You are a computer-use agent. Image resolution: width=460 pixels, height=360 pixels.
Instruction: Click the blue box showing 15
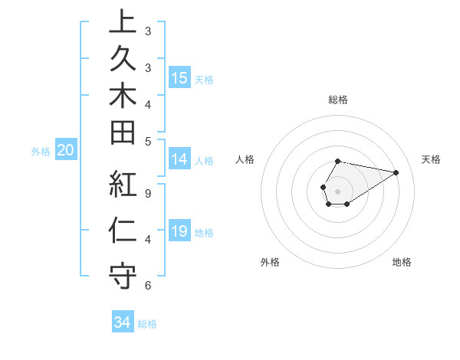tap(179, 78)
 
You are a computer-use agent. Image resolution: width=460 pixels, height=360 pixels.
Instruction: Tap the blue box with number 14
tap(179, 159)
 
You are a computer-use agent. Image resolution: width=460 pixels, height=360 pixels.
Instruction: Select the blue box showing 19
tap(179, 231)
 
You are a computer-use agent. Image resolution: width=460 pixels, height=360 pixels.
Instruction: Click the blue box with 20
tap(66, 151)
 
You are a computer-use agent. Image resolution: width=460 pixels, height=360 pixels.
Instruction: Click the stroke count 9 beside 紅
tap(148, 194)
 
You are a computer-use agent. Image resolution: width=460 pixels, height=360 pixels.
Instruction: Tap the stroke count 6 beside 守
tap(148, 286)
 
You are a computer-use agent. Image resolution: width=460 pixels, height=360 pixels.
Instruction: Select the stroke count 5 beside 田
tap(148, 141)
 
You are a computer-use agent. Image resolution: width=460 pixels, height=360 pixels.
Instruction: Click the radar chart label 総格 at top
tap(338, 100)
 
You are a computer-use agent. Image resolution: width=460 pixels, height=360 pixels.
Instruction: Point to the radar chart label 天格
tap(431, 159)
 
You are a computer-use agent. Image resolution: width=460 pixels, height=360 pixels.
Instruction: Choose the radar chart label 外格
tap(270, 262)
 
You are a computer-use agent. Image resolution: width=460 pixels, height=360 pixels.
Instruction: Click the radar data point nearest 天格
tap(396, 172)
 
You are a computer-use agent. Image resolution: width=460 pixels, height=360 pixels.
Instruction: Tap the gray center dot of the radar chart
tap(338, 191)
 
